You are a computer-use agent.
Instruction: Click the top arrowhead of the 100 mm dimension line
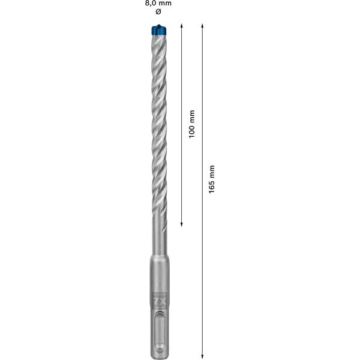pyautogui.click(x=182, y=29)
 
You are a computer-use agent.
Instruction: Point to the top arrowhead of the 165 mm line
pyautogui.click(x=203, y=29)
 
